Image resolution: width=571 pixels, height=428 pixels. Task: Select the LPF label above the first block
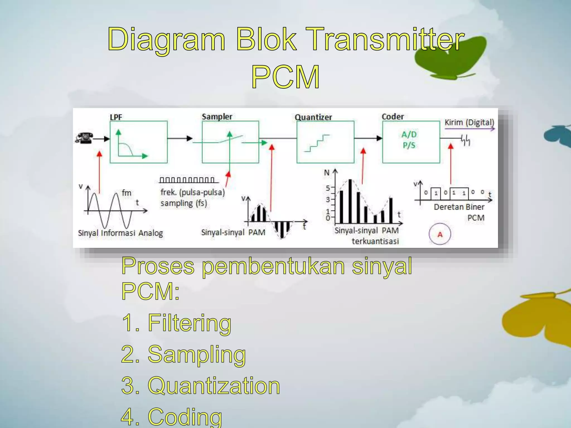116,117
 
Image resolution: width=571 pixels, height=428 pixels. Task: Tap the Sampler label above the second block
217,117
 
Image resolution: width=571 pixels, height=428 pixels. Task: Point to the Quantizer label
313,117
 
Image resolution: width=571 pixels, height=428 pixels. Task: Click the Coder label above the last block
393,117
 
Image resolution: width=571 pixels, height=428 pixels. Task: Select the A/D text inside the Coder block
409,135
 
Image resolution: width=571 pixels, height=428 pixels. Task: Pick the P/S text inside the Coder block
409,145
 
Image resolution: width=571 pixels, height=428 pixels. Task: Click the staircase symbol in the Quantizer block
317,143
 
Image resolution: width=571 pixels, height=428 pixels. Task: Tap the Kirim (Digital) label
469,123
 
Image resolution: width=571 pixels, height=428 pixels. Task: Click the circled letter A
440,234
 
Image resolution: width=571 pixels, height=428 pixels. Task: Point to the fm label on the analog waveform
126,193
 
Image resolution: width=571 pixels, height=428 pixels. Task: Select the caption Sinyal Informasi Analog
120,233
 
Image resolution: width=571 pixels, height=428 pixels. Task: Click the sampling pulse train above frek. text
187,180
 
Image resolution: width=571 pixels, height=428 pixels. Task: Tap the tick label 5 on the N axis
328,188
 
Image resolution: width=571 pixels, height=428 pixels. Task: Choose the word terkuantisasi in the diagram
375,241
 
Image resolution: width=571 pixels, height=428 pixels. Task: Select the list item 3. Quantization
200,386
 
